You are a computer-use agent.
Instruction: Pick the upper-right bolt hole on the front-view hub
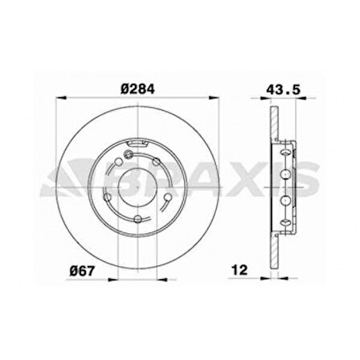167,166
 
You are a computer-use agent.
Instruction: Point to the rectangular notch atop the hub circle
139,144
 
